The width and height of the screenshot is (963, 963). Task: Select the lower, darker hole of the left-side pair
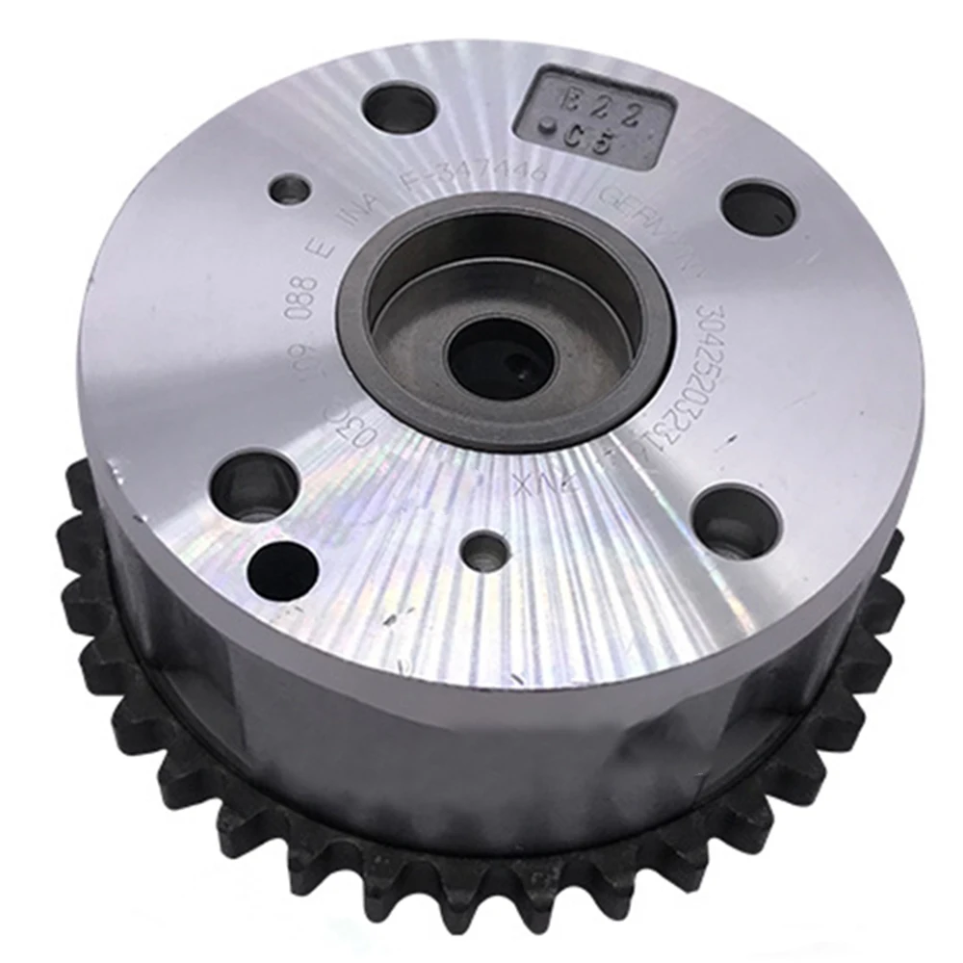(x=282, y=571)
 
